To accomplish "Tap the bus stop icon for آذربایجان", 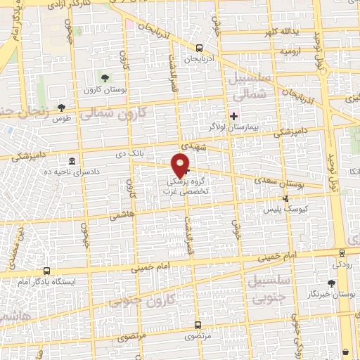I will click(200, 49).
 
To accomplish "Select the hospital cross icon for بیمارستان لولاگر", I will click(234, 115).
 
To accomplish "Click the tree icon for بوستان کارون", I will click(105, 78).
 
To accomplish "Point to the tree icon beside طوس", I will click(62, 108).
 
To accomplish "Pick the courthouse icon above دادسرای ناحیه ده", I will click(72, 161).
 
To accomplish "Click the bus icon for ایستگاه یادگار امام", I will click(46, 271).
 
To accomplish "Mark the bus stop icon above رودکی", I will click(342, 253).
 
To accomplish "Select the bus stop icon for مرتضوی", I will click(197, 325).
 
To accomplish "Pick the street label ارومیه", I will click(292, 52).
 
